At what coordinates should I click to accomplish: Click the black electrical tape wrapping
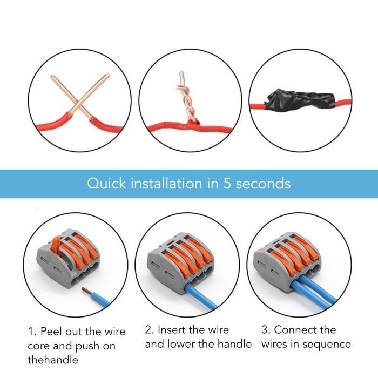(300, 100)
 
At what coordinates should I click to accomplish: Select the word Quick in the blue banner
(106, 184)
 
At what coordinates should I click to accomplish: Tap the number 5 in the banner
(227, 184)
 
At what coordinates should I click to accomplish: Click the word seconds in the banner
(263, 184)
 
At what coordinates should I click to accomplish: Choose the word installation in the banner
(166, 184)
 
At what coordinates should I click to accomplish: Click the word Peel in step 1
(51, 332)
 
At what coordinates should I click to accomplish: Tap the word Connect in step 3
(291, 329)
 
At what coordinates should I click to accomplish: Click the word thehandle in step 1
(53, 360)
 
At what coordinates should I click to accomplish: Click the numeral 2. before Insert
(149, 330)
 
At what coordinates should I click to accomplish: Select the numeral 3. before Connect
(266, 329)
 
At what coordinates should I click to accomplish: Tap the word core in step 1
(38, 346)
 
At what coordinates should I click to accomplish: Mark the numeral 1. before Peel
(32, 332)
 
